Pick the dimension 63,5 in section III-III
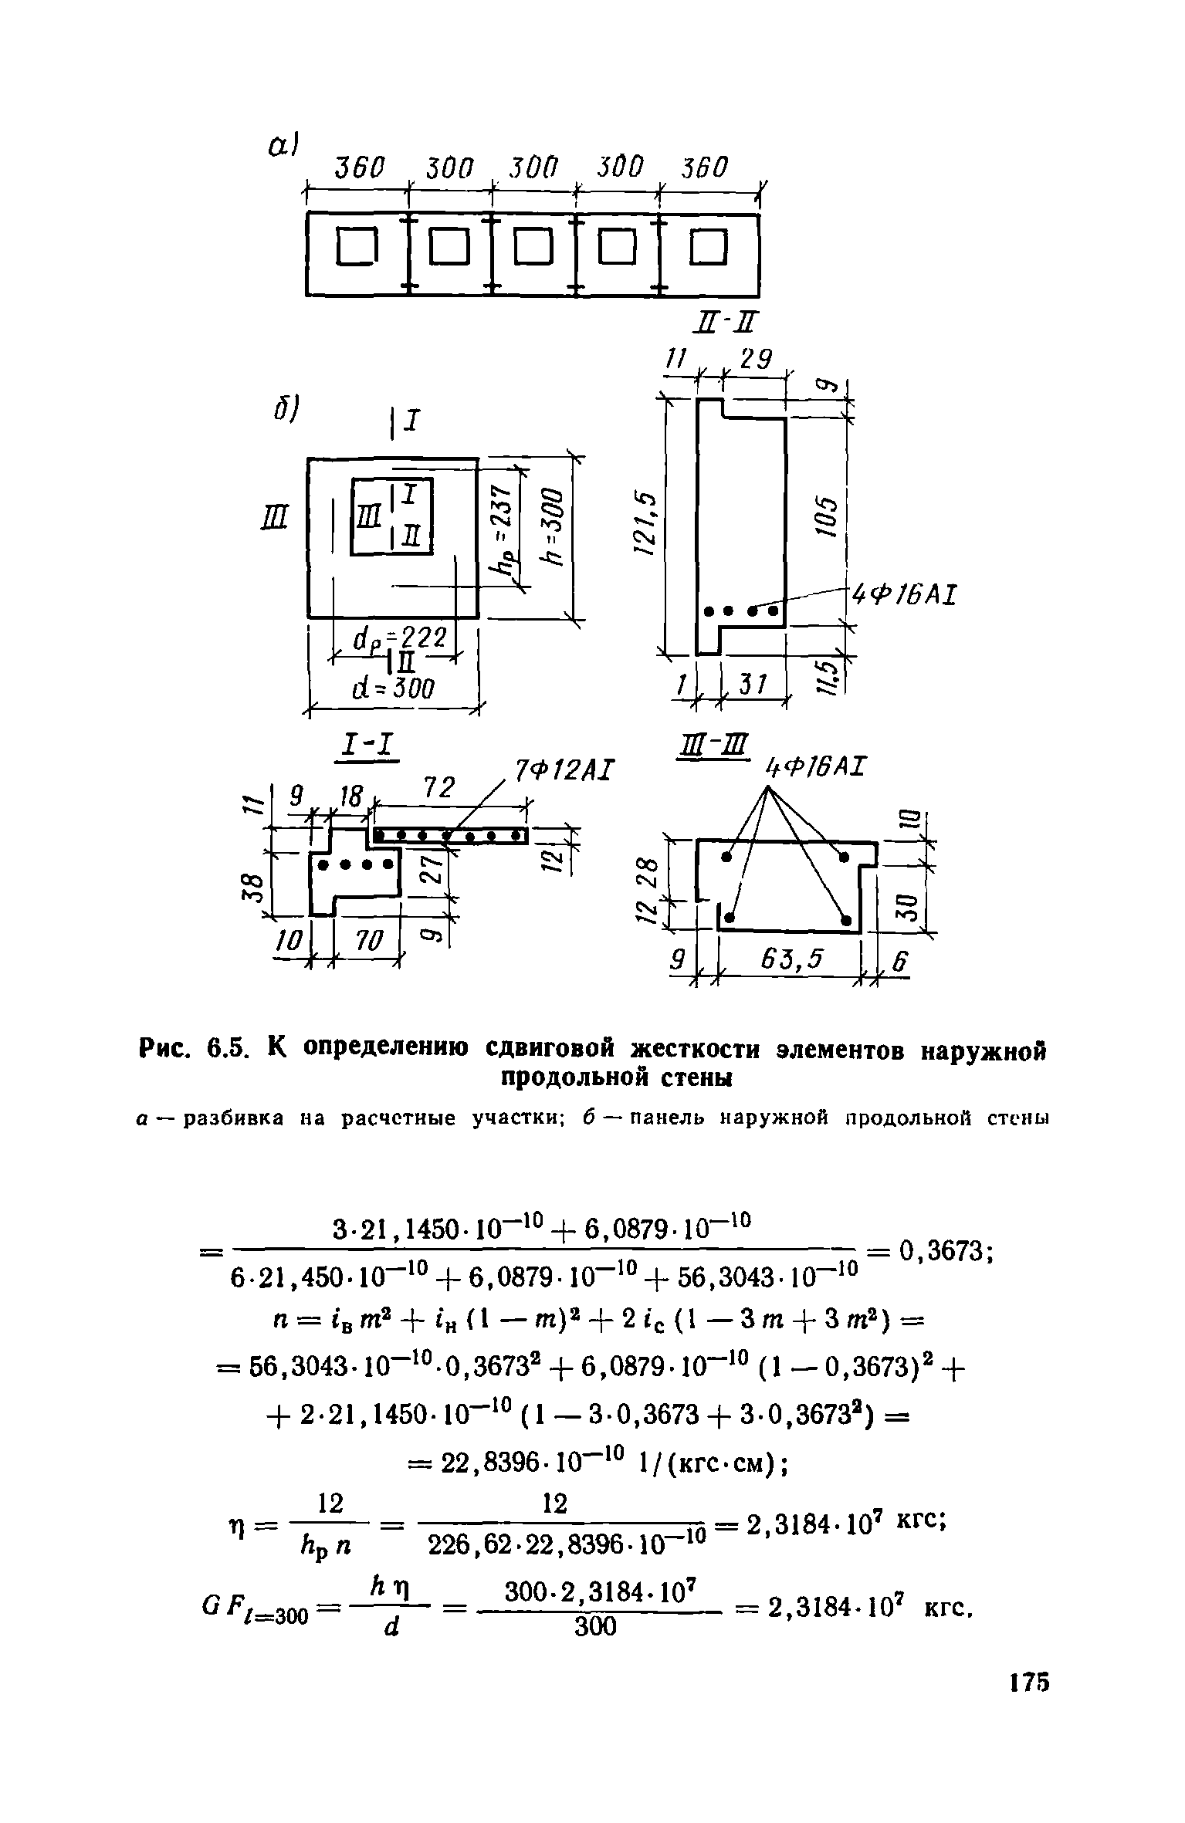point(792,959)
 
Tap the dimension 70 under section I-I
point(369,941)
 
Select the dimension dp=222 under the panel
point(398,640)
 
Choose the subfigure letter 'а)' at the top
point(283,146)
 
